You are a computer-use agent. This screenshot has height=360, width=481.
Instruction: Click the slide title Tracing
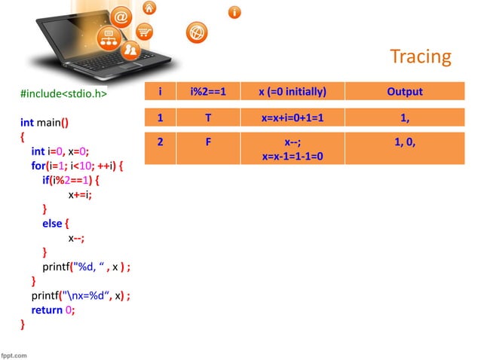pyautogui.click(x=420, y=56)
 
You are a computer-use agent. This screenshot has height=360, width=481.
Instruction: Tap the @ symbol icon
pyautogui.click(x=122, y=16)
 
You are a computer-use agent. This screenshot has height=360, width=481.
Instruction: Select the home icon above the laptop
pyautogui.click(x=149, y=8)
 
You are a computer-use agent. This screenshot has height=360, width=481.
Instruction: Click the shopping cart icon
pyautogui.click(x=143, y=32)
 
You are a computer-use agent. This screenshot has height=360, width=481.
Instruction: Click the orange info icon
pyautogui.click(x=235, y=12)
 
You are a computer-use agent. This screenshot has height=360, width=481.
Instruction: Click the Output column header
pyautogui.click(x=404, y=92)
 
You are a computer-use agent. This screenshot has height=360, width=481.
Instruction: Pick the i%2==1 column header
pyautogui.click(x=208, y=92)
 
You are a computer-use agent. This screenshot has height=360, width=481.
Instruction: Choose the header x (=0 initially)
pyautogui.click(x=292, y=92)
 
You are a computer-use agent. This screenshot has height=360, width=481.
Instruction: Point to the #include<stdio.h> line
pyautogui.click(x=63, y=95)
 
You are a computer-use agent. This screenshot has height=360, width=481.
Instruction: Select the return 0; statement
pyautogui.click(x=53, y=310)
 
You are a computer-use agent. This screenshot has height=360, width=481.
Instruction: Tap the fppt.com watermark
pyautogui.click(x=14, y=354)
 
